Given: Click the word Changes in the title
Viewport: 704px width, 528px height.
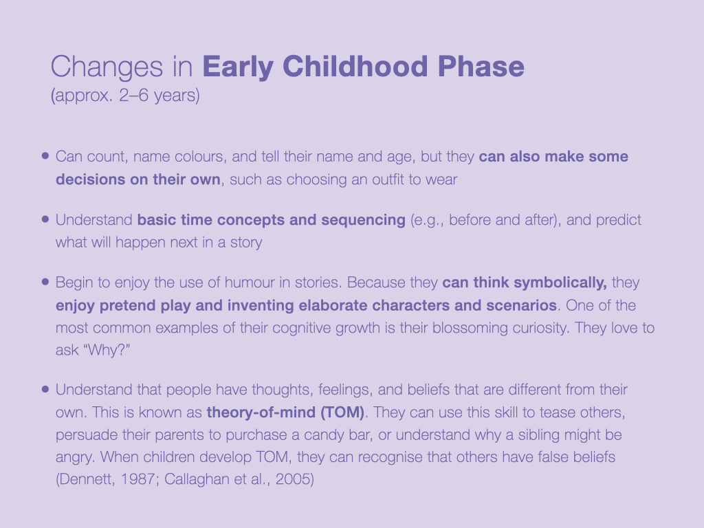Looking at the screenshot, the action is [107, 67].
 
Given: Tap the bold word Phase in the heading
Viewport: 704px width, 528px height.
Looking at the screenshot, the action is [481, 67].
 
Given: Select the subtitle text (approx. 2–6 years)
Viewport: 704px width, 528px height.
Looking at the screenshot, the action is [125, 96].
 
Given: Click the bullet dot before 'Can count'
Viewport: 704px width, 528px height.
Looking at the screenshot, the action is [45, 156].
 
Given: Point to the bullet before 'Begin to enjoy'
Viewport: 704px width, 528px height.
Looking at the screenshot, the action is [45, 282].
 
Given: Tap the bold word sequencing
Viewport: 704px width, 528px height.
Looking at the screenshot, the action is [363, 221].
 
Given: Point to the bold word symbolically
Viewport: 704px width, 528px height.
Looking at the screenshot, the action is [560, 283].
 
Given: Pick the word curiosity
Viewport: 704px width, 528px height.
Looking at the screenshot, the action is [540, 328].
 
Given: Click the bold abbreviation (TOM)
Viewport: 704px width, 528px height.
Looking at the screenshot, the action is [342, 412].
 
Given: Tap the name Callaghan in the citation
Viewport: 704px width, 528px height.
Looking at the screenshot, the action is [197, 479].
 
